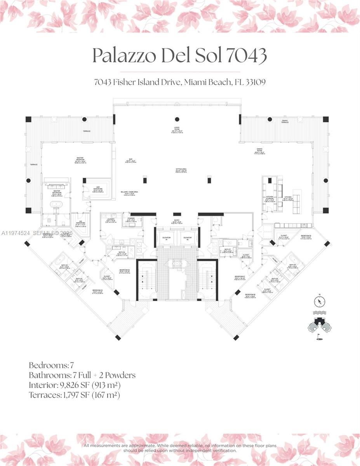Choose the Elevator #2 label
(188, 238)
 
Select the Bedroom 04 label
(124, 271)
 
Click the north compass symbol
(319, 302)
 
